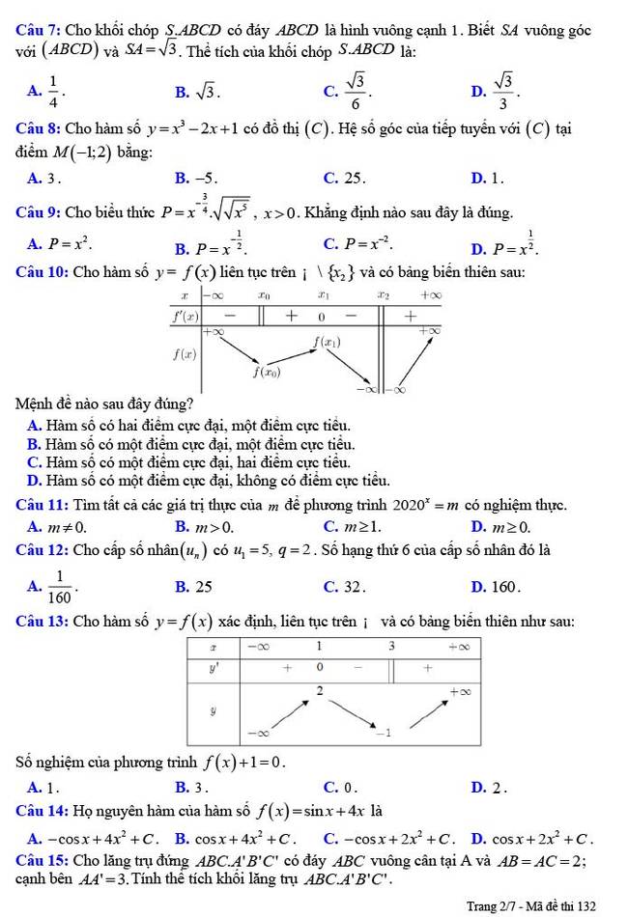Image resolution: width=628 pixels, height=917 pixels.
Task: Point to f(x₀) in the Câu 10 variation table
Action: [268, 371]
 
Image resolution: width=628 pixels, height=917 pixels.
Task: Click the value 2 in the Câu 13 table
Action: [320, 687]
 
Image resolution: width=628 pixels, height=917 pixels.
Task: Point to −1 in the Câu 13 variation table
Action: [385, 733]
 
